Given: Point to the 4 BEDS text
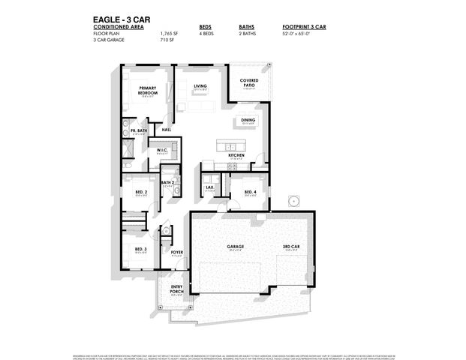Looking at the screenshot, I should point(206,34).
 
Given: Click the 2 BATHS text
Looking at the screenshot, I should point(248,34).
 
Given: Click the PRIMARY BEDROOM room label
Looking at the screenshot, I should point(147,91).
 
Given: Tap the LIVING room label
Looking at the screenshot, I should point(200,86).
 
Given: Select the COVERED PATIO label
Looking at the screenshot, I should point(249,83).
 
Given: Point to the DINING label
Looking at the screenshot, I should point(248,119).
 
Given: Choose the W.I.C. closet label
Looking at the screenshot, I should point(161,150).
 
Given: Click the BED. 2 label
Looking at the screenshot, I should point(140,193).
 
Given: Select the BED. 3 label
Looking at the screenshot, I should point(140,249).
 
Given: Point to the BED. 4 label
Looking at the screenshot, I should point(250,193).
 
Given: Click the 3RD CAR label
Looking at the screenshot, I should point(291,247).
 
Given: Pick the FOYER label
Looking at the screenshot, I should point(177,253).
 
